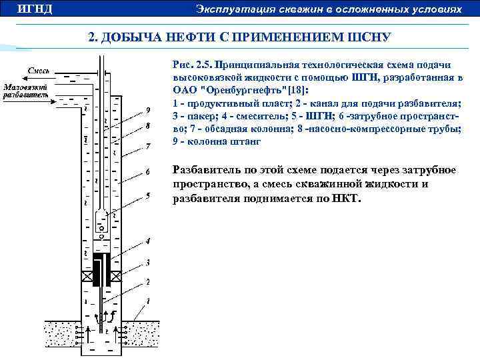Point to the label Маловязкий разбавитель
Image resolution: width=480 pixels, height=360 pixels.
26,91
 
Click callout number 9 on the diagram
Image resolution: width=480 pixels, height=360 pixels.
147,109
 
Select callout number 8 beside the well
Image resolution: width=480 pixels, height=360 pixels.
147,125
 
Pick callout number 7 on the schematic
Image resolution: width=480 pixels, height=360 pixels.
147,145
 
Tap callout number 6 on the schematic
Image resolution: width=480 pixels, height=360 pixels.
147,171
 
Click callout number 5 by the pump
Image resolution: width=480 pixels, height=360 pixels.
147,196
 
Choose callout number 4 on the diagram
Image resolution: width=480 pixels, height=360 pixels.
147,239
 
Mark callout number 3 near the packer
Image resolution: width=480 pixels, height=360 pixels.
147,261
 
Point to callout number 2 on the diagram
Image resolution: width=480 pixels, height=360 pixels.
147,283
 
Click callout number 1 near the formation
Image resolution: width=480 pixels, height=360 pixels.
148,301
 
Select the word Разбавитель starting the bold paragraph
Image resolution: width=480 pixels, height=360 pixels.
204,170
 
